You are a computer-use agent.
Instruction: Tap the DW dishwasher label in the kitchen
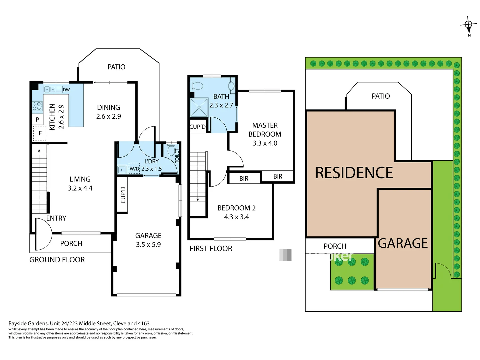pos(66,90)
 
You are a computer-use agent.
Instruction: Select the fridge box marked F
pos(40,133)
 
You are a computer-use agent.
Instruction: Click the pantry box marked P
pos(37,119)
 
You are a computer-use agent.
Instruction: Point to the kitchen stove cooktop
pos(37,106)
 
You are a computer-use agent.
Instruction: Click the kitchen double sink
pos(50,89)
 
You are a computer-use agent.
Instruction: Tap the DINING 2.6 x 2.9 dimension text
pos(108,116)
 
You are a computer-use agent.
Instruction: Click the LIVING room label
pos(80,179)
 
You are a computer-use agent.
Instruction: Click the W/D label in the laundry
pos(134,169)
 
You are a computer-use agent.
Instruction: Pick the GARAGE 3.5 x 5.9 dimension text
pos(148,245)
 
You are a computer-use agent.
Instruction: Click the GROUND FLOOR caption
pos(57,260)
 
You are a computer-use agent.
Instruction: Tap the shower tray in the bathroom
pos(199,108)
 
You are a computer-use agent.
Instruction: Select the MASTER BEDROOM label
pos(265,130)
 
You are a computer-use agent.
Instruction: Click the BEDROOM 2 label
pos(236,208)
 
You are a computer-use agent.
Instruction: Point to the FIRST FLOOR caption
pos(211,249)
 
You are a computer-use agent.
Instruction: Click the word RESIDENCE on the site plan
pos(354,173)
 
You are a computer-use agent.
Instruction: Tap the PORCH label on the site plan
pos(335,246)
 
